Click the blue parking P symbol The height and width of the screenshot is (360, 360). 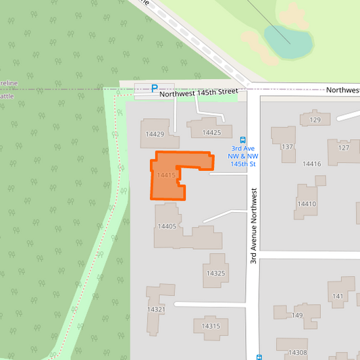(155, 88)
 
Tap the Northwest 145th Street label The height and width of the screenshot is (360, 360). (199, 93)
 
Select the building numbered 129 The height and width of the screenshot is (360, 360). (315, 120)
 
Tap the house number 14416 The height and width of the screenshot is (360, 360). (311, 164)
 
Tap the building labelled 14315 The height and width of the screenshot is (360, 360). (211, 327)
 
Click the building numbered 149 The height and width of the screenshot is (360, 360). (297, 313)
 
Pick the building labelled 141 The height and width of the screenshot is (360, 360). (338, 294)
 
